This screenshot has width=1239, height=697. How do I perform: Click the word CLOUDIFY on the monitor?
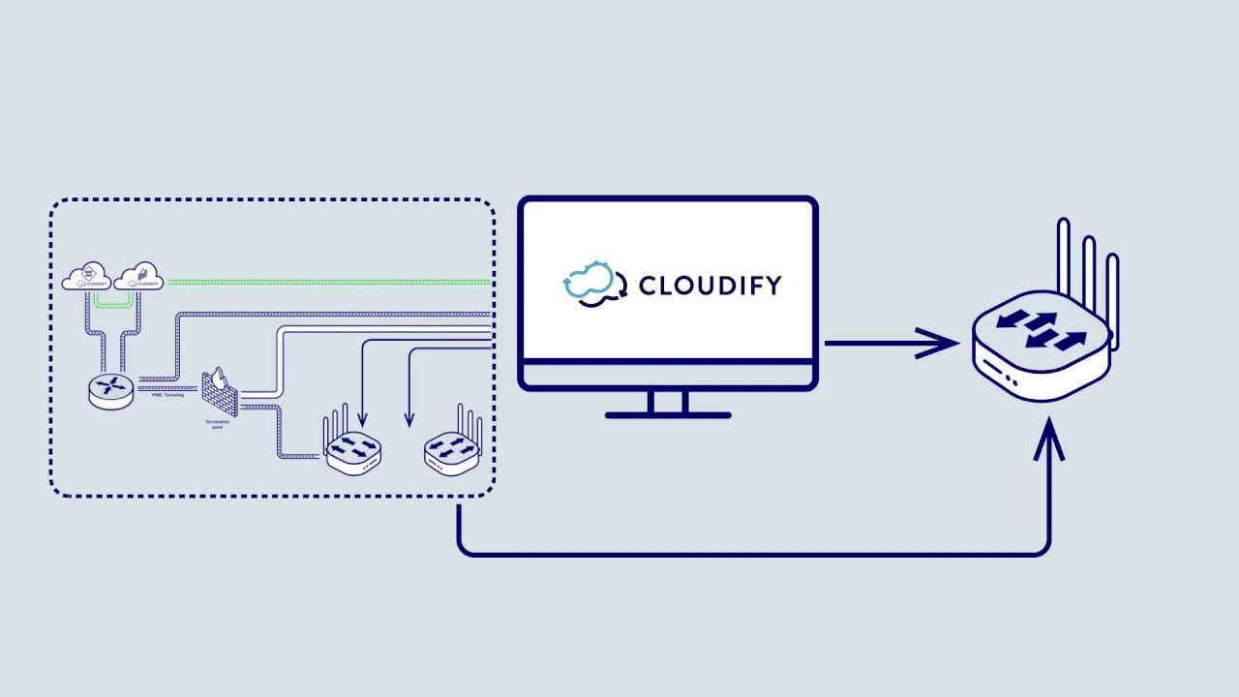tap(710, 286)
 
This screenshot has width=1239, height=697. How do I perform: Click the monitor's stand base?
tap(668, 414)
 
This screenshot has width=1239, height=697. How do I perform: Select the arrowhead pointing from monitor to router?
tap(937, 343)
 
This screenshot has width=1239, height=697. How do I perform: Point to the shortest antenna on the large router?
tap(1112, 290)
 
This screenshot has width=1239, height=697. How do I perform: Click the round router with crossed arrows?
tap(111, 389)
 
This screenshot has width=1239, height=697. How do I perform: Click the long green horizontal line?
tap(329, 283)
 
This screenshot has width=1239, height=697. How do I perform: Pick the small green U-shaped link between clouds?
tap(112, 303)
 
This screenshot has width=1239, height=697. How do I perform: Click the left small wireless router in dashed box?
tap(352, 451)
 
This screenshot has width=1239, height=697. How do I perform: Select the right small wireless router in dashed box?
tap(451, 451)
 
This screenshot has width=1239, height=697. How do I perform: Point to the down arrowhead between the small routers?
tap(409, 420)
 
